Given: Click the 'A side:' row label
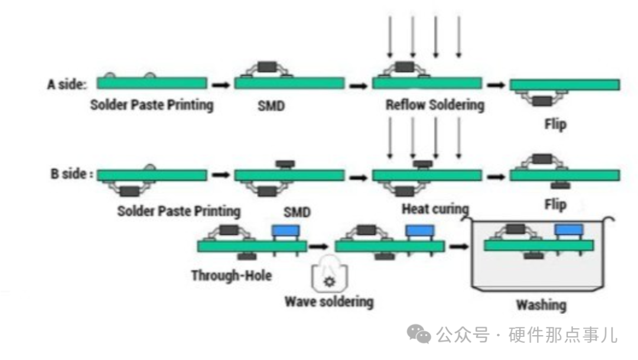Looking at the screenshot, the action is (67, 85).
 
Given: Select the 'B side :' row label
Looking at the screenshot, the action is (72, 174).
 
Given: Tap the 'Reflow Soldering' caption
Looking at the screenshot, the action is (435, 105).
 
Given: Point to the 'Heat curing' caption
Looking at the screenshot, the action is (435, 209).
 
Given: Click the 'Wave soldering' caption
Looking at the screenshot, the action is (329, 301).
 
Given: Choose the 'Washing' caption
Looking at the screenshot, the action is (541, 305).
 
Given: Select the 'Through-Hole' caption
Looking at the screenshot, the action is (232, 275).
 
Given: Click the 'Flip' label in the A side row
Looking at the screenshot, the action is (555, 124).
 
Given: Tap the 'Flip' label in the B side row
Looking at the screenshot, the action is (555, 205).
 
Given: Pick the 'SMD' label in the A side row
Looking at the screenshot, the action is (271, 106).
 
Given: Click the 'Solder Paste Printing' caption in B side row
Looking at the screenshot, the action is (178, 212).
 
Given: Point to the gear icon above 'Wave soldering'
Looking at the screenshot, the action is (329, 281).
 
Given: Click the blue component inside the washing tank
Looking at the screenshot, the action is (569, 230).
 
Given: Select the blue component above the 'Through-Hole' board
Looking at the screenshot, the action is (286, 231).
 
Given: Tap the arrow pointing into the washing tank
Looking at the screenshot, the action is (459, 247).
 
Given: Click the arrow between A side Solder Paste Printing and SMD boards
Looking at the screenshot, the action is (221, 85).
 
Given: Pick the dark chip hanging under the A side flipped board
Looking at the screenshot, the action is (542, 100).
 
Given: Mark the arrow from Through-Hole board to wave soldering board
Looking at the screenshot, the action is (318, 247).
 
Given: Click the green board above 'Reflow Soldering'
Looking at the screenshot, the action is (427, 83).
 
